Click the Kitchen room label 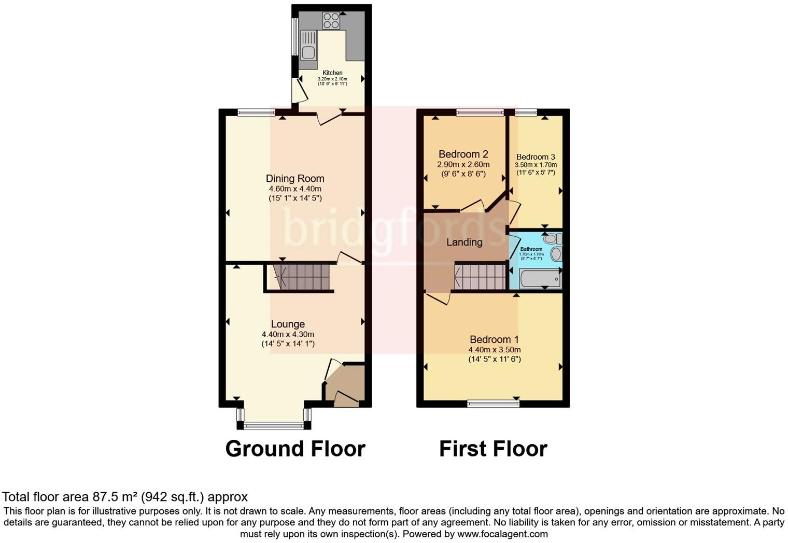pos(332,73)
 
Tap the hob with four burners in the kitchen pos(331,21)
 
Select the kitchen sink pos(308,46)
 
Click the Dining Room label pos(295,179)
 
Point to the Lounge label pos(288,324)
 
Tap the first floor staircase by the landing pos(480,277)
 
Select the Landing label pos(464,242)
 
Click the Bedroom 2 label pos(463,154)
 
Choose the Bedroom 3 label pos(536,157)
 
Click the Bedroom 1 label pos(494,340)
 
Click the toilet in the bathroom pos(552,239)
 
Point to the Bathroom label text pos(531,249)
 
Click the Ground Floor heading pos(295,449)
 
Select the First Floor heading pos(493,449)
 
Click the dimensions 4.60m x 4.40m pos(295,189)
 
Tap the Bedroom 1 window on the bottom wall pos(493,404)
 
